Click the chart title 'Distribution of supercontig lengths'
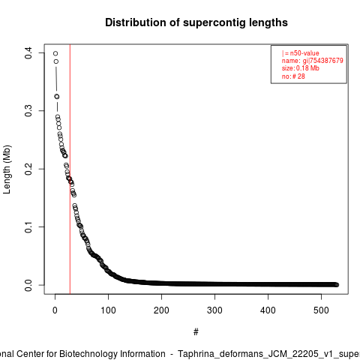click(x=196, y=22)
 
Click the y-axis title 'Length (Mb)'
click(x=7, y=169)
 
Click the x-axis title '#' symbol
click(x=196, y=332)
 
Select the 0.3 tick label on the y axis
click(x=28, y=111)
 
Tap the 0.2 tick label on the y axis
click(x=28, y=169)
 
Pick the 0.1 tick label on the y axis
click(x=28, y=227)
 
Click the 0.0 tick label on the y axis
click(x=28, y=285)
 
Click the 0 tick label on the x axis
click(x=55, y=310)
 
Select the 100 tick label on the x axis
click(x=108, y=310)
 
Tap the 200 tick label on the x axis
click(x=161, y=310)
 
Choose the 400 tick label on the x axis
click(x=268, y=310)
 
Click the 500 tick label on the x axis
click(x=321, y=310)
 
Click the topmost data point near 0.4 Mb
click(x=55, y=53)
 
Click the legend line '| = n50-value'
click(x=301, y=53)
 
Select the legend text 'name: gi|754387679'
click(x=313, y=61)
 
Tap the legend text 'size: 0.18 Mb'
click(x=301, y=68)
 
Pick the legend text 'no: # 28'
click(x=293, y=76)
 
